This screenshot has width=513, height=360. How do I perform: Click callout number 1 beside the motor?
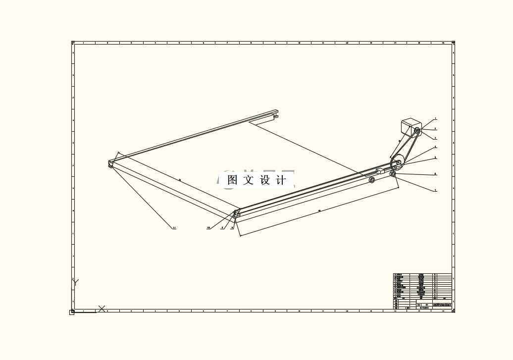pos(435,119)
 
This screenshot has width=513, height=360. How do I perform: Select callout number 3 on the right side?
pos(435,138)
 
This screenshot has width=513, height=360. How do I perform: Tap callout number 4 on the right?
pos(435,147)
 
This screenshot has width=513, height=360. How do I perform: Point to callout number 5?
pos(435,157)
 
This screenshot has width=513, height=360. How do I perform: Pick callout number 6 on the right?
pos(435,174)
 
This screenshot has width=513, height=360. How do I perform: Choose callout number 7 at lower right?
pos(435,190)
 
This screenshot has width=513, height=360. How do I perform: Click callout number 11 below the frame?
pos(174,228)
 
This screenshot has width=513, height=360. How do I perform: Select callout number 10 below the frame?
pos(208,228)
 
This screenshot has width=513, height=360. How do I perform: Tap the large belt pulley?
pos(397,162)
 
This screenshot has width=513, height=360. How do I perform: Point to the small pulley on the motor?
pos(417,131)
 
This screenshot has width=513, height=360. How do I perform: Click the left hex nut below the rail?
pos(371,180)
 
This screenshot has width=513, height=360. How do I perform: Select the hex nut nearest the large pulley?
pos(393,174)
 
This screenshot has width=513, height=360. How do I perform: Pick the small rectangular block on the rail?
pos(380,171)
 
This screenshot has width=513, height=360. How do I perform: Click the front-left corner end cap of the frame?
pos(110,163)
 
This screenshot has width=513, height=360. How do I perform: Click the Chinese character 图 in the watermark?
pos(232,180)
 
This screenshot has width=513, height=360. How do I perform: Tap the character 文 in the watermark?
pos(249,180)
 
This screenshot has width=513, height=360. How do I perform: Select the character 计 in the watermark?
pos(281,180)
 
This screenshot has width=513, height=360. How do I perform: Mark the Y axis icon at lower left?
pos(75,283)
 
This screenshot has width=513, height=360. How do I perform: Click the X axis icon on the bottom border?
pos(102,309)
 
